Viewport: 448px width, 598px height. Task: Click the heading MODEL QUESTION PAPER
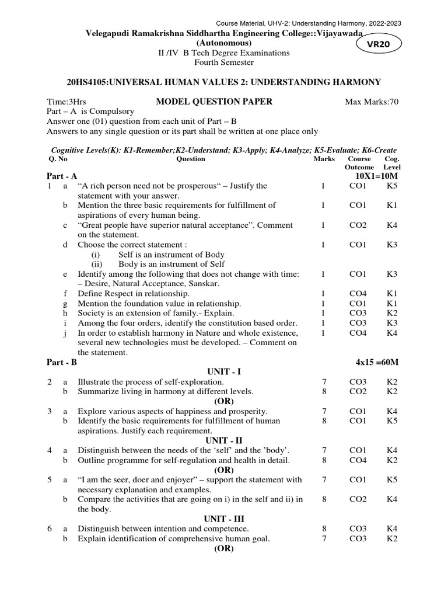[x=214, y=102]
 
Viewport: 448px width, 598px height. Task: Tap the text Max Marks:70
[x=372, y=102]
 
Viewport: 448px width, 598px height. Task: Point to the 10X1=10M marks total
[x=376, y=176]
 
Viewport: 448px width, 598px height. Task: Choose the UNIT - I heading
[x=223, y=372]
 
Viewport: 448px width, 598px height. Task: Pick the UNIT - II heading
[x=223, y=440]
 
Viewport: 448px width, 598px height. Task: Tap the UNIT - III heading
[x=223, y=519]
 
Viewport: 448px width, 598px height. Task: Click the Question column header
[x=191, y=158]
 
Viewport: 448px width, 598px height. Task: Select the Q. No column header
[x=57, y=158]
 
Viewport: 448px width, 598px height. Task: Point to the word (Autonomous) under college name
[x=224, y=43]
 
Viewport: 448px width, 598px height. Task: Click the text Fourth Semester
[x=224, y=62]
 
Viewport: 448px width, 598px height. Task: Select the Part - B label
[x=62, y=363]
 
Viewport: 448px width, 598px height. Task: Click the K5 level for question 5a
[x=391, y=479]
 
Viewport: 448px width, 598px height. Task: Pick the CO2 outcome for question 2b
[x=357, y=391]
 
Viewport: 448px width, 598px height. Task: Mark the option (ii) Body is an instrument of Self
[x=159, y=264]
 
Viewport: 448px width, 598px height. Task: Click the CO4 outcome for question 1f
[x=357, y=293]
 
